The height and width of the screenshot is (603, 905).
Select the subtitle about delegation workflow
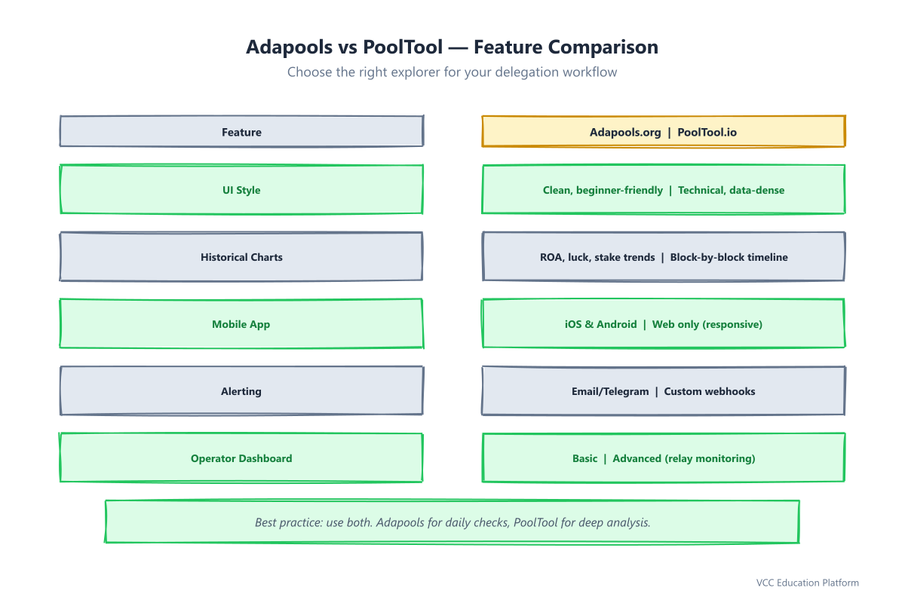(452, 72)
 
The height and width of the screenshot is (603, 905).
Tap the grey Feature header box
(241, 131)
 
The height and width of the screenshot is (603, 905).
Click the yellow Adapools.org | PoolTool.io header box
(664, 131)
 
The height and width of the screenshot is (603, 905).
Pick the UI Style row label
(241, 190)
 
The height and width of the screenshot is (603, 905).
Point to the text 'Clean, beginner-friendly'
(603, 190)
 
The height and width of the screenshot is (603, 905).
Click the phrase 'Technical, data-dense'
(732, 190)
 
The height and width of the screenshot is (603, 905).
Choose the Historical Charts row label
(241, 257)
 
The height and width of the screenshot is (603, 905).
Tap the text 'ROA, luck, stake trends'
(597, 257)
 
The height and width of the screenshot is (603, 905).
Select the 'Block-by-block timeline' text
(729, 257)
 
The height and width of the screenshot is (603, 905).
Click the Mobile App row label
(241, 324)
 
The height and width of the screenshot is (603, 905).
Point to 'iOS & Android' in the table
(601, 324)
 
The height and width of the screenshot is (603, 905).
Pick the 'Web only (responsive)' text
(707, 324)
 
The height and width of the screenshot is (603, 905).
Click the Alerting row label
(241, 391)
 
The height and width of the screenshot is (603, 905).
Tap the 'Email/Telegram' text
(610, 391)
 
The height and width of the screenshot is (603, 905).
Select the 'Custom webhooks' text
(710, 391)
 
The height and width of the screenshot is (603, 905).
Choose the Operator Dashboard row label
(241, 458)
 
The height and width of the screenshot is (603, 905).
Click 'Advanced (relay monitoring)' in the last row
(684, 458)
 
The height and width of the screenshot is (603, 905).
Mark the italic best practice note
(452, 522)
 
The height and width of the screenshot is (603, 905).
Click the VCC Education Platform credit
(808, 583)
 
